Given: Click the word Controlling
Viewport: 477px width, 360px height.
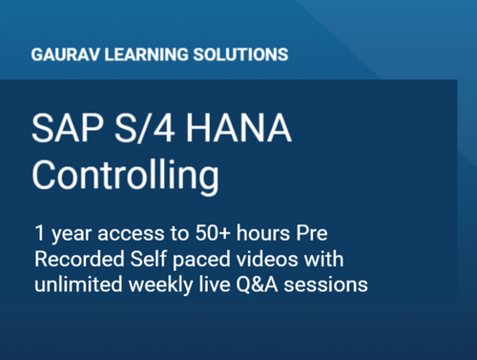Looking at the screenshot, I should [x=124, y=176].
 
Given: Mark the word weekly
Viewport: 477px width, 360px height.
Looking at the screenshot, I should [x=162, y=285].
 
